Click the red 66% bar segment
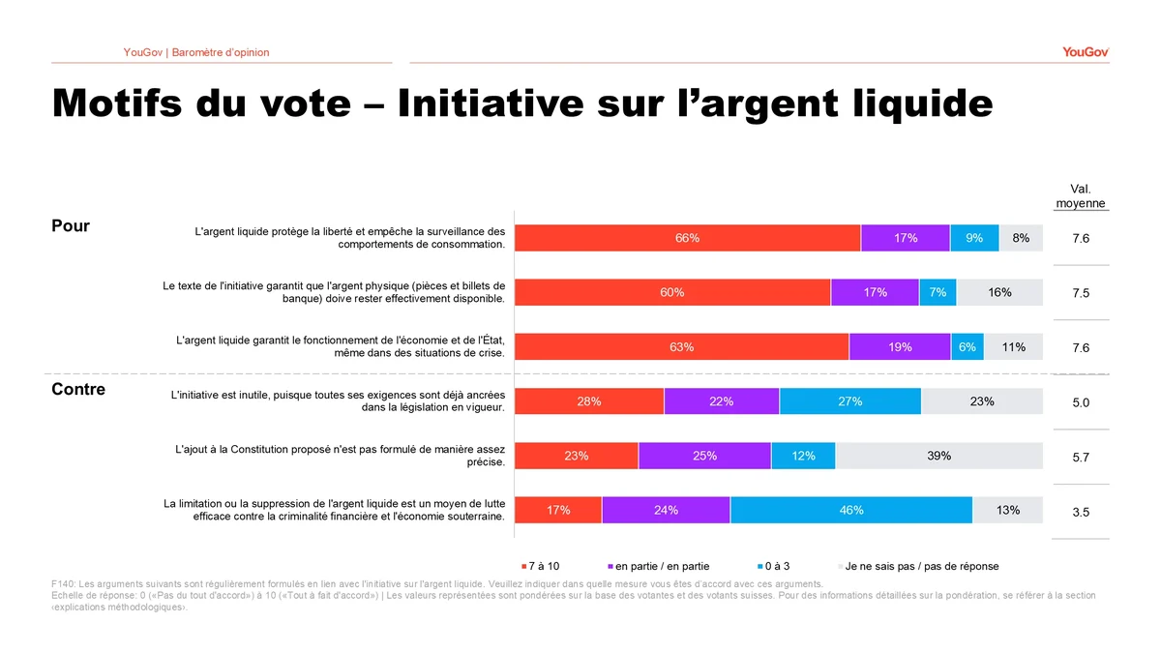pos(687,238)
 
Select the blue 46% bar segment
pos(850,510)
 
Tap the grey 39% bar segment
pos(938,456)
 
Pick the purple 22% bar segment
pos(721,401)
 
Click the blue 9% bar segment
pos(973,238)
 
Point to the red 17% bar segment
pos(558,510)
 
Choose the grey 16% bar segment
pos(999,292)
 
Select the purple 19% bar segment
pos(900,347)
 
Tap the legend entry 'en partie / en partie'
pos(658,566)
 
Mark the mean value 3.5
pos(1081,512)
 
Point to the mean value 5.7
pos(1081,458)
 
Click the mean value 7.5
pos(1081,293)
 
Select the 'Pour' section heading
pos(71,226)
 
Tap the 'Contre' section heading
pos(78,390)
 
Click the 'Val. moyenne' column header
pos(1081,196)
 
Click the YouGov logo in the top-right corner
pos(1085,52)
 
